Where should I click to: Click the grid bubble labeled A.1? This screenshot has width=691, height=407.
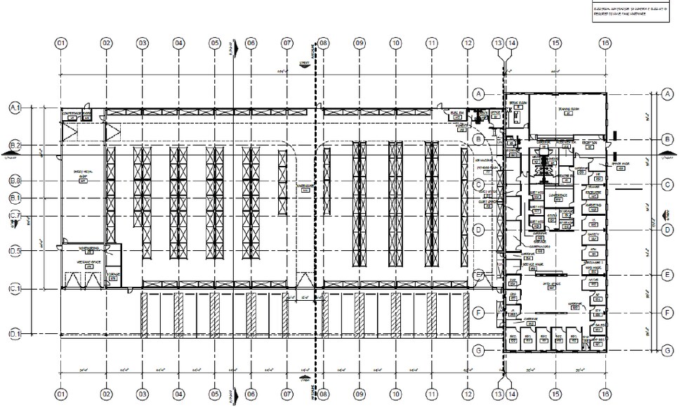15,108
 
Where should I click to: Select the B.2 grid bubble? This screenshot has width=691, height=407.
15,146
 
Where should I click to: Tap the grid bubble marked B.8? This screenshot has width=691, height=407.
15,181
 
